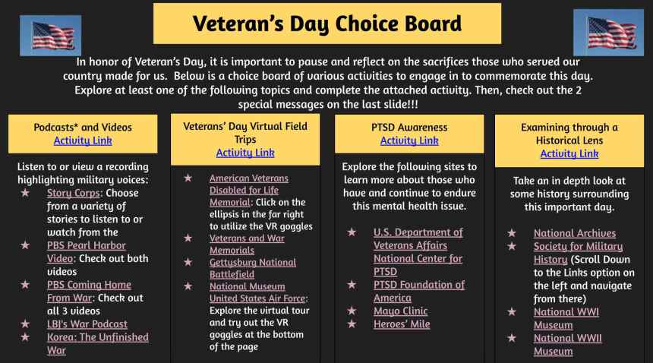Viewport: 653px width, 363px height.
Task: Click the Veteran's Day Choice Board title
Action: [x=327, y=24]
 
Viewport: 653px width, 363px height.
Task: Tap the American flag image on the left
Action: [x=50, y=36]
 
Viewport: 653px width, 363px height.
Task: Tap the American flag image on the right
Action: [x=608, y=33]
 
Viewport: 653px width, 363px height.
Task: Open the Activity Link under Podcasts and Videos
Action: [x=83, y=140]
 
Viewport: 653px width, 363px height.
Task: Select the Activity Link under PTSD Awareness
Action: [x=409, y=140]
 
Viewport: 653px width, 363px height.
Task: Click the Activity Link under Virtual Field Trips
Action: [x=245, y=153]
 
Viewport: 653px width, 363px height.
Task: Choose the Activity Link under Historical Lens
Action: [x=569, y=153]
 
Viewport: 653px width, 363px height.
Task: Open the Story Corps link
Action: [x=74, y=193]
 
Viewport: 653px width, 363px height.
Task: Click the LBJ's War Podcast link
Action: [x=87, y=324]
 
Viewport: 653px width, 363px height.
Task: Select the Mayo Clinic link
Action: [x=401, y=311]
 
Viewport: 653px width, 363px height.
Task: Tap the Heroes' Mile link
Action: [x=402, y=324]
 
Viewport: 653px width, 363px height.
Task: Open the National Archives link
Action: [x=575, y=233]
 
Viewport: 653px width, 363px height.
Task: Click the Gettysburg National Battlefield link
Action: [x=253, y=269]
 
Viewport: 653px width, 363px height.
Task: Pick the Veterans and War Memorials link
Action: [x=247, y=245]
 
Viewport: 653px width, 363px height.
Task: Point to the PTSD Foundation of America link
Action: [x=419, y=292]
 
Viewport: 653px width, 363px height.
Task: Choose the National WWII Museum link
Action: [x=568, y=345]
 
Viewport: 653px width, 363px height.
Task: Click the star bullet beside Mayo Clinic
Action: [x=352, y=311]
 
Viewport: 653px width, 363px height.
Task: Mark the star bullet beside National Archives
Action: [x=512, y=232]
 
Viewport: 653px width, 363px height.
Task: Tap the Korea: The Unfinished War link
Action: [x=97, y=343]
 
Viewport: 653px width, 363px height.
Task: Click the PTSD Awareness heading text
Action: [x=409, y=128]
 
